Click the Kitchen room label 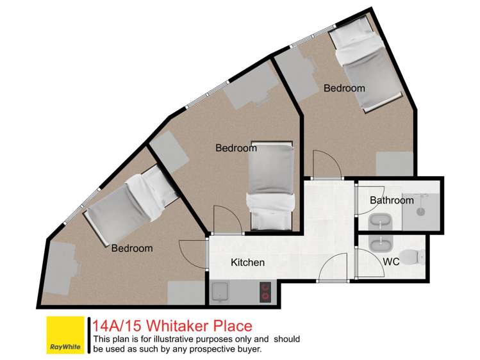247,263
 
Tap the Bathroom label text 392,200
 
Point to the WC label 392,263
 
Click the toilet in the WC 420,256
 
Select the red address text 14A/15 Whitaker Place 172,326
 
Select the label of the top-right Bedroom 344,88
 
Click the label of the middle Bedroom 236,148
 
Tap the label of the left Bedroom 132,248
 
